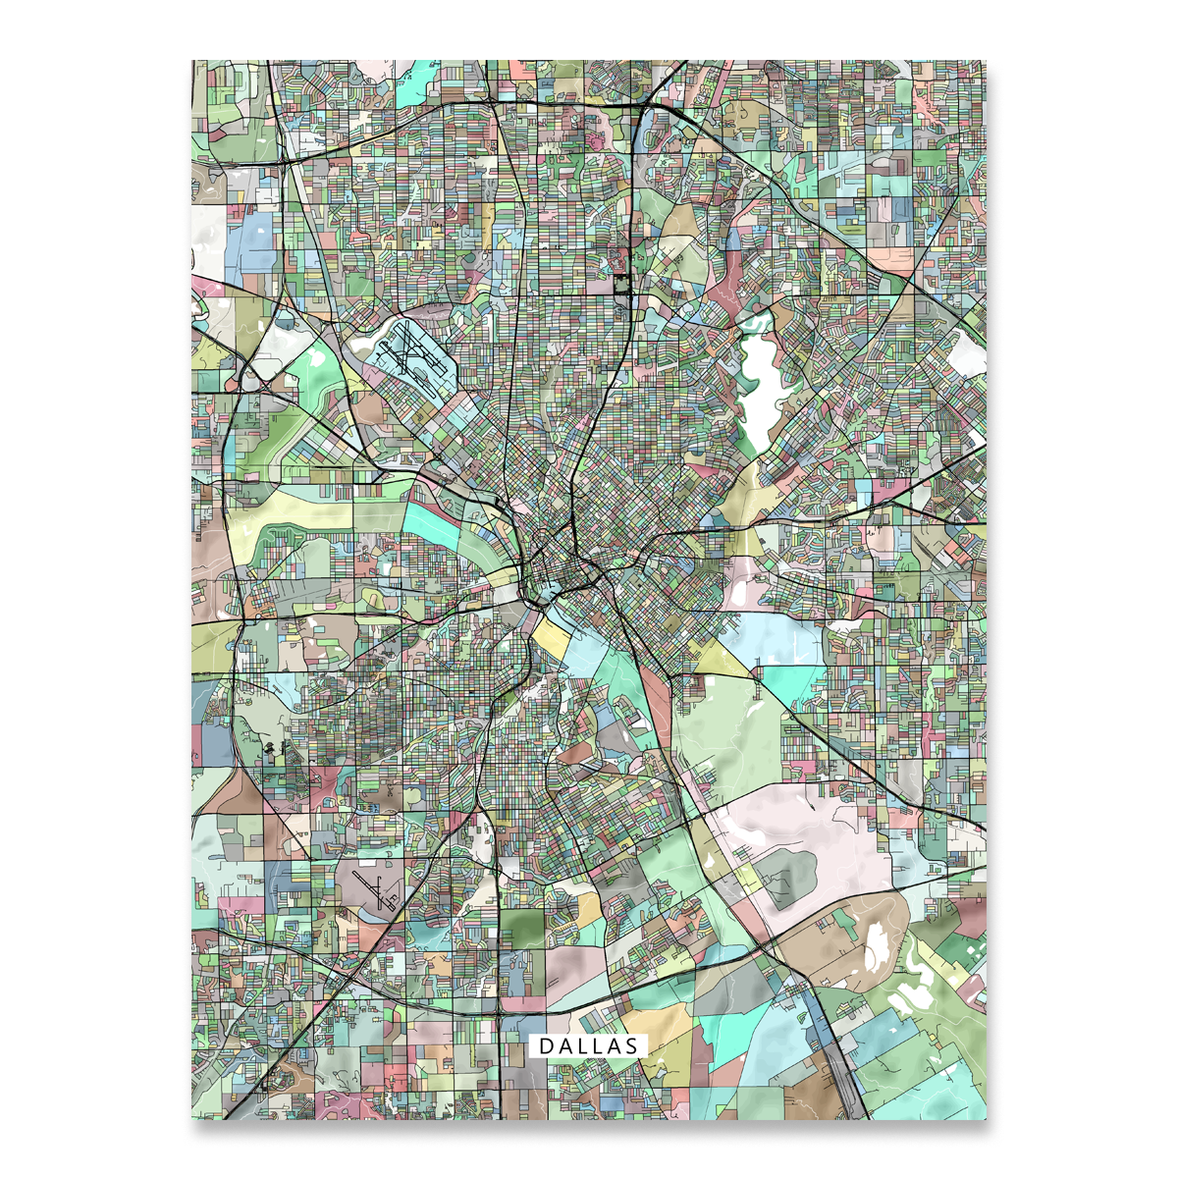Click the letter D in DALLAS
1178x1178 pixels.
coord(545,1046)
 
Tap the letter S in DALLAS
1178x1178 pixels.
coord(630,1046)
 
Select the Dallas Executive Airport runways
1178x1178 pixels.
coord(372,889)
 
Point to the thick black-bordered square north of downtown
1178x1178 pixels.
coord(621,284)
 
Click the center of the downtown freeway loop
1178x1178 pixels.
coord(555,570)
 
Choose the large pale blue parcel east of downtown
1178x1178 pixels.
coord(776,638)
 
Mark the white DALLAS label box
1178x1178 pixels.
coord(588,1046)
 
